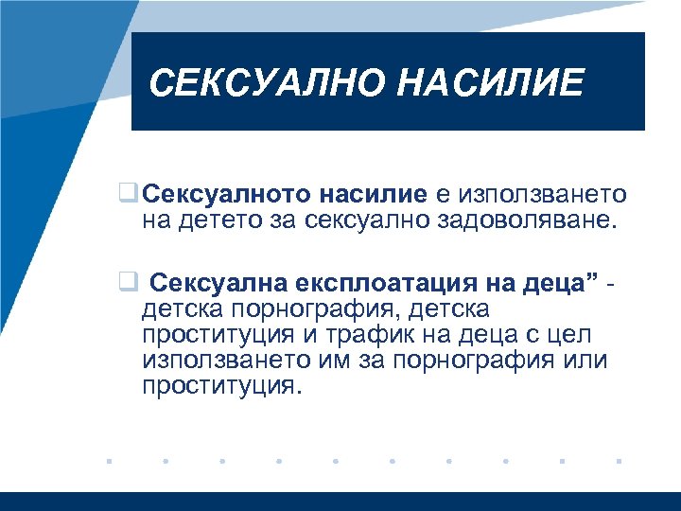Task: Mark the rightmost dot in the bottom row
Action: [x=619, y=463]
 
